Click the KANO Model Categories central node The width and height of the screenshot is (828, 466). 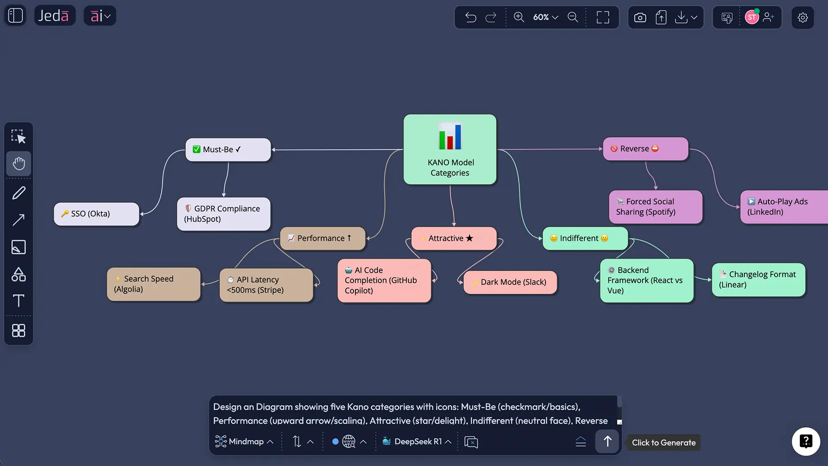[450, 167]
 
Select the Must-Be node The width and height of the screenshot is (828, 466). [228, 150]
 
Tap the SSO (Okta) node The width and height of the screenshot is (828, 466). [97, 214]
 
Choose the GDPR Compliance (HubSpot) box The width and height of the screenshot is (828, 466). [223, 214]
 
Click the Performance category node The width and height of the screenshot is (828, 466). [323, 238]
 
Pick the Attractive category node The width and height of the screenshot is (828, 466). [454, 238]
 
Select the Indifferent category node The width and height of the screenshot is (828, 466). [585, 238]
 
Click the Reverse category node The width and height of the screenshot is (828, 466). [645, 149]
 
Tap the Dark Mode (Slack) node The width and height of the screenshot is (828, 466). [510, 282]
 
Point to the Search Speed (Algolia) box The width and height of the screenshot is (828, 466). [154, 284]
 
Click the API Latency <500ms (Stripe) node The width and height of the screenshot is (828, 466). [266, 285]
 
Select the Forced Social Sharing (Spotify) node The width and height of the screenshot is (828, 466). [655, 207]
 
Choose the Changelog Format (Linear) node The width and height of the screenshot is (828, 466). [758, 280]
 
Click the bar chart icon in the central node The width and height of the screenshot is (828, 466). [450, 137]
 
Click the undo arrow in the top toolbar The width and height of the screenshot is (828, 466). [470, 17]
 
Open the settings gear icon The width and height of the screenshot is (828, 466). [803, 18]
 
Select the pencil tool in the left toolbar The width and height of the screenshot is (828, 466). [19, 193]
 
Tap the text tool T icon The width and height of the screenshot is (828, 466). [19, 301]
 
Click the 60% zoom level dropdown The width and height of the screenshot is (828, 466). [546, 17]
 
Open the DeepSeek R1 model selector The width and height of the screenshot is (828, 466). [417, 441]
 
